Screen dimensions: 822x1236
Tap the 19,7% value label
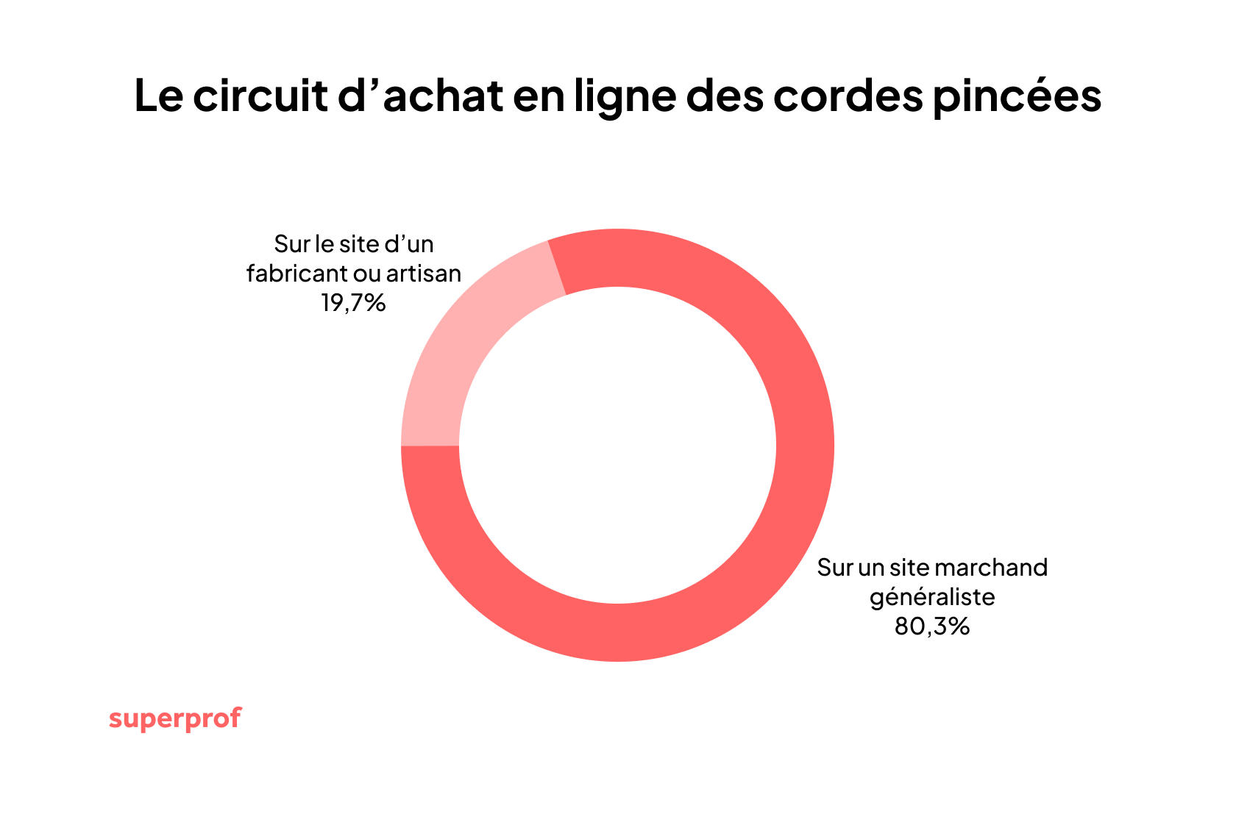coord(353,303)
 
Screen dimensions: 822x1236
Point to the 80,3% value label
coord(932,626)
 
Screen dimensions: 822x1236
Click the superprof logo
coord(175,718)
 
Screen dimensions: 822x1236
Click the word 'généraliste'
coord(932,597)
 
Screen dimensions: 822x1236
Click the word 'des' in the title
coord(725,96)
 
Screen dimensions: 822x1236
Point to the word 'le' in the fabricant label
coord(324,244)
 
